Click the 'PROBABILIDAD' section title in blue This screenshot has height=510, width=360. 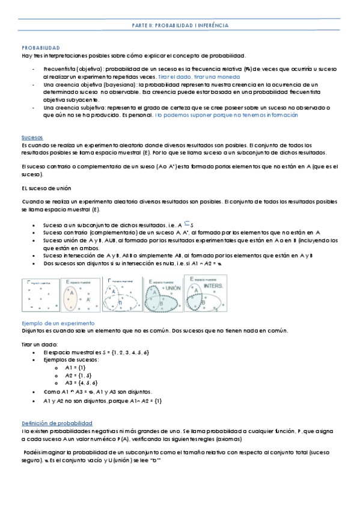pos(40,47)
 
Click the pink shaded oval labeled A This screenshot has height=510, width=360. pos(72,294)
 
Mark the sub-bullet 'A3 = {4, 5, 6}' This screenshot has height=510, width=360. pos(81,382)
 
